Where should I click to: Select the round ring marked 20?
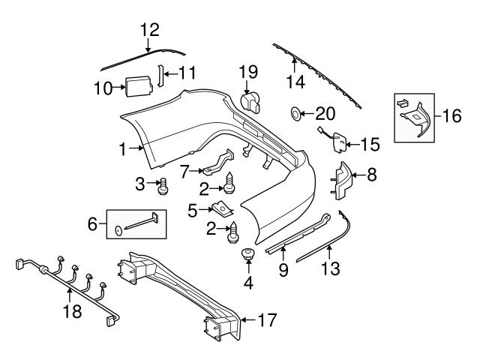tap(296, 114)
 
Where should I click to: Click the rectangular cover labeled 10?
tap(137, 88)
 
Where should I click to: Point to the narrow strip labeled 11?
tap(159, 75)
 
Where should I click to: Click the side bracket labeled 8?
tap(343, 181)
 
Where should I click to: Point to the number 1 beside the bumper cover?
tap(123, 149)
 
